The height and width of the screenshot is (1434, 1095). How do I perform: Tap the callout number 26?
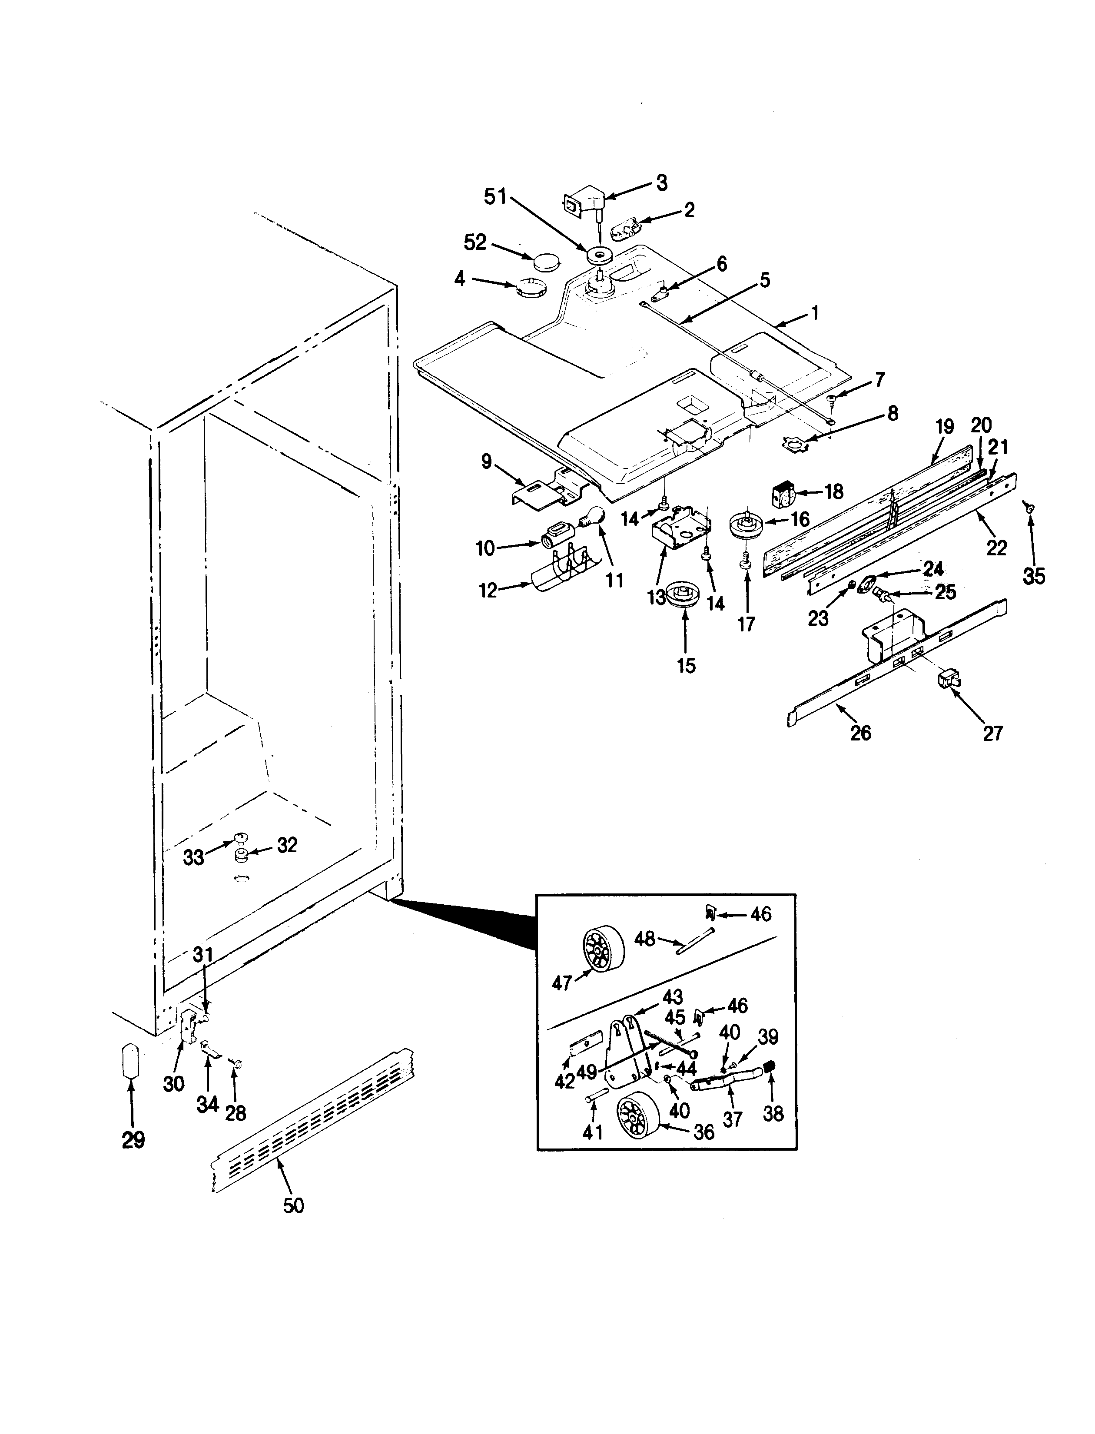coord(860,734)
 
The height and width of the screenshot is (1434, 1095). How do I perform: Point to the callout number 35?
coord(1034,576)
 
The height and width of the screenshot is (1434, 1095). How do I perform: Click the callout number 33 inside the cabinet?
coord(194,857)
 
